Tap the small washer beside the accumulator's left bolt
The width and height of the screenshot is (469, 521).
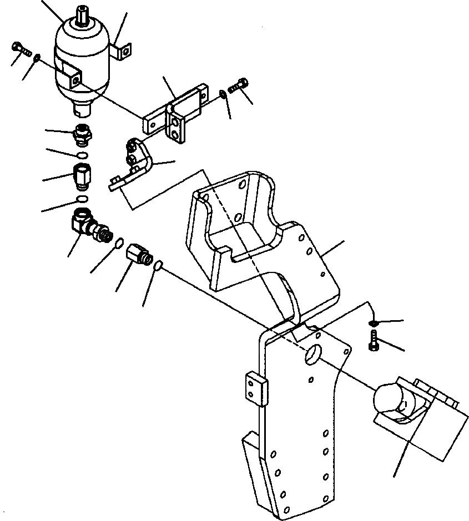click(x=36, y=57)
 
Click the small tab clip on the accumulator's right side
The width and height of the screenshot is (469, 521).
click(x=124, y=50)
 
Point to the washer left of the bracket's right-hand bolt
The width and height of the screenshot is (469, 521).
click(x=223, y=93)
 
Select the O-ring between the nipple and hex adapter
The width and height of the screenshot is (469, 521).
click(x=82, y=155)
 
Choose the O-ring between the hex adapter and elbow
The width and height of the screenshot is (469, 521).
click(x=81, y=199)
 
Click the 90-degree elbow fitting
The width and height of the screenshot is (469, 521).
click(x=89, y=225)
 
